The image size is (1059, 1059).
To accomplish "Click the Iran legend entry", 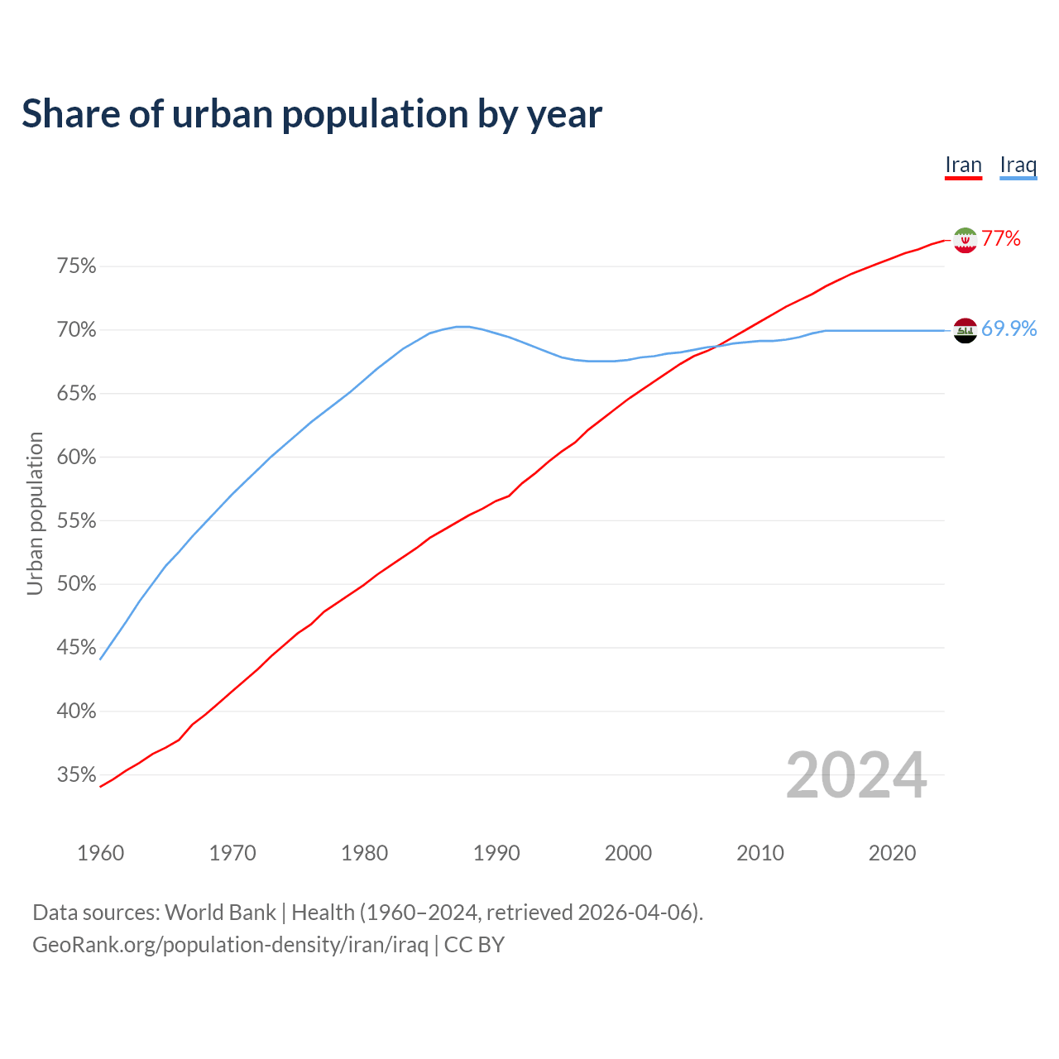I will tap(963, 165).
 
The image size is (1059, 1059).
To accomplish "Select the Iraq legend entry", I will tap(1018, 165).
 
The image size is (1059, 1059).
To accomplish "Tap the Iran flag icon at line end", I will tap(965, 240).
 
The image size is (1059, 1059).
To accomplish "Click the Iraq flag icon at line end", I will tap(965, 330).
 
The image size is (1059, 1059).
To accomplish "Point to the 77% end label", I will tap(1001, 239).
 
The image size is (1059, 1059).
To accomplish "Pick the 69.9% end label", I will tap(1009, 329).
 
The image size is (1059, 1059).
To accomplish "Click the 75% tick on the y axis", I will tap(76, 266).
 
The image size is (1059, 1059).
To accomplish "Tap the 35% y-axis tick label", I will tap(76, 775).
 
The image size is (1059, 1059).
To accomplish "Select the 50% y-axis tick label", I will tap(76, 584).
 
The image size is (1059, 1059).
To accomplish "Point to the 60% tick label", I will tap(76, 458).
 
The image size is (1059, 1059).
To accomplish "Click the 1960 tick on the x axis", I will tap(100, 853).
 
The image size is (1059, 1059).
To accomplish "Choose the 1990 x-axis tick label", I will tap(496, 853).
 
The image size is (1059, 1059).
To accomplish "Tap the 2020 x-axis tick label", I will tap(892, 853).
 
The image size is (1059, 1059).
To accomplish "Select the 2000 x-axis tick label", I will tap(628, 853).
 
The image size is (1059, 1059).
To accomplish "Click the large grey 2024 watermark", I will tap(856, 775).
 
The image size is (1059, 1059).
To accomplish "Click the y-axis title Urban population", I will tap(35, 513).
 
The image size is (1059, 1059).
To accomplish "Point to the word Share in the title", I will tap(69, 114).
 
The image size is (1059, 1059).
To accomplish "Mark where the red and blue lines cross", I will tap(718, 346).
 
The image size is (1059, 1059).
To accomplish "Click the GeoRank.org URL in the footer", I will tap(230, 945).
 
